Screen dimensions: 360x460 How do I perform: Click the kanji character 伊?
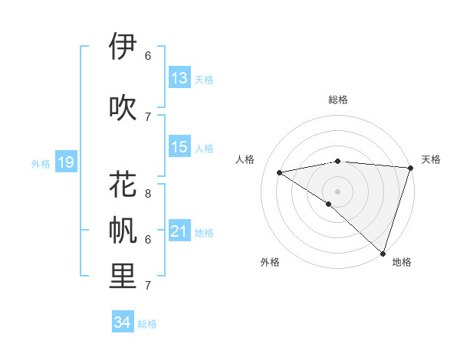(x=123, y=47)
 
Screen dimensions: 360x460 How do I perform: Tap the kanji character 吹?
(x=123, y=108)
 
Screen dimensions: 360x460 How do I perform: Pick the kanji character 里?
(x=123, y=277)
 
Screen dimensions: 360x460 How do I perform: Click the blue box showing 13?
(x=179, y=78)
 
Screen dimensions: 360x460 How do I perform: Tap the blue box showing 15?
(x=179, y=147)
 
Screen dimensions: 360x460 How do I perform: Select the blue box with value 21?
(x=179, y=231)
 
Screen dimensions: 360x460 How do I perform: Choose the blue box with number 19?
(x=66, y=162)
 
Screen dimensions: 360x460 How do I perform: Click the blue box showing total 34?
(x=122, y=323)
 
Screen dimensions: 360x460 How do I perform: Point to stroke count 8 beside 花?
(x=148, y=185)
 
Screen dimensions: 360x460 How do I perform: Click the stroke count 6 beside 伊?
(x=148, y=55)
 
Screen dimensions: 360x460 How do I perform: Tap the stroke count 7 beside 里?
(x=148, y=286)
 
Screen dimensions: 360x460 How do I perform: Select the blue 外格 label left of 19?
(x=41, y=163)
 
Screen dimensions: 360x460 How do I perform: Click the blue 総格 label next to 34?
(x=147, y=324)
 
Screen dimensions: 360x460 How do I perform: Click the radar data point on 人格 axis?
(x=279, y=172)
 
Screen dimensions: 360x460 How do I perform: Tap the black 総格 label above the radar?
(x=337, y=100)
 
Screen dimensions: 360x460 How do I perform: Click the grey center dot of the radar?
(x=337, y=190)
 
